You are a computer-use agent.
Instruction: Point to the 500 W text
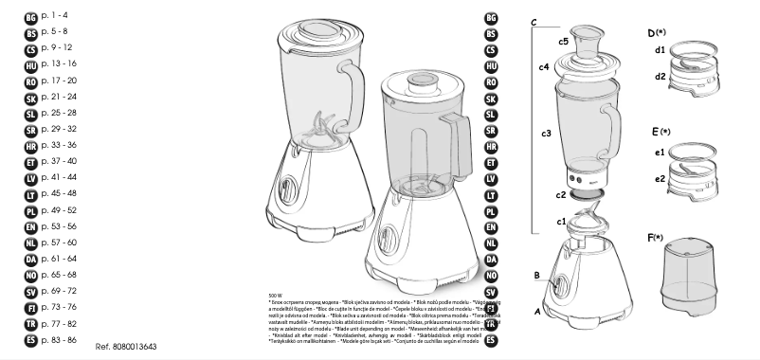click(277, 296)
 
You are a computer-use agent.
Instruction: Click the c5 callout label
click(563, 42)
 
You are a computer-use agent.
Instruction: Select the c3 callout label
click(546, 134)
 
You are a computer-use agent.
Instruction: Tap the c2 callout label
click(561, 194)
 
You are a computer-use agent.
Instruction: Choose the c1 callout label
click(561, 221)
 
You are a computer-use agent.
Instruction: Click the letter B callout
click(536, 276)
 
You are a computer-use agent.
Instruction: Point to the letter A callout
click(537, 310)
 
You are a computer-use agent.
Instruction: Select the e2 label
click(659, 178)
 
